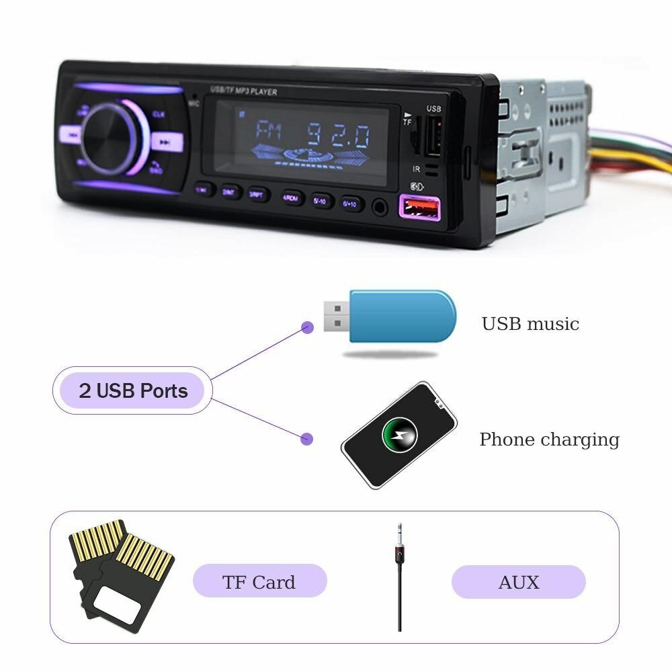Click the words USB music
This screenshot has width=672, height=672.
click(x=530, y=324)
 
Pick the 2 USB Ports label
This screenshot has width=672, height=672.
click(x=133, y=390)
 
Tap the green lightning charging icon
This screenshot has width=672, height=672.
click(x=400, y=434)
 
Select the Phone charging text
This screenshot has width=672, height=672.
click(x=549, y=439)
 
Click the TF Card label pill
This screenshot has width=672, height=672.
click(x=259, y=581)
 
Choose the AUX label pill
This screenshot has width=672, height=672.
click(x=518, y=582)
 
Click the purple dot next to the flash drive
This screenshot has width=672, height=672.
click(x=307, y=328)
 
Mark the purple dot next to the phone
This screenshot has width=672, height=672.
click(x=307, y=439)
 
